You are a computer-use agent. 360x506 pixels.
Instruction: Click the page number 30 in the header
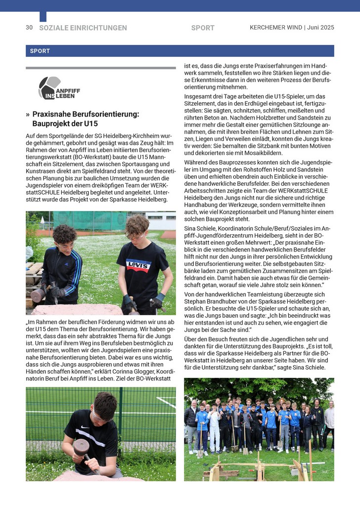(x=29, y=28)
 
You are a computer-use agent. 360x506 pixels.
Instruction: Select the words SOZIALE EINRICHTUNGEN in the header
(x=83, y=28)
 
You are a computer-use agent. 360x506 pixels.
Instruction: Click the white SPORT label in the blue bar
(x=40, y=51)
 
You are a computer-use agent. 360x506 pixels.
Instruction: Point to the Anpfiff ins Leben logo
(x=59, y=88)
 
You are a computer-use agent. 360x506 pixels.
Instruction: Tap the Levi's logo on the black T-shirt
(x=138, y=265)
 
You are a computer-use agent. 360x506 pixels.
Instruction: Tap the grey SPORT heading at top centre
(x=203, y=28)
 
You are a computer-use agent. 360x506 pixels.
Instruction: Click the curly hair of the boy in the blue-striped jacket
(x=64, y=233)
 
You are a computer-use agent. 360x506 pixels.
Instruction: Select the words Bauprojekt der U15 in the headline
(x=65, y=124)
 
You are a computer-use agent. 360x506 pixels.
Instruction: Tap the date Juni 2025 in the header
(x=320, y=28)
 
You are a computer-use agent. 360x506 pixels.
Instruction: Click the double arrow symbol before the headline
(x=28, y=114)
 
